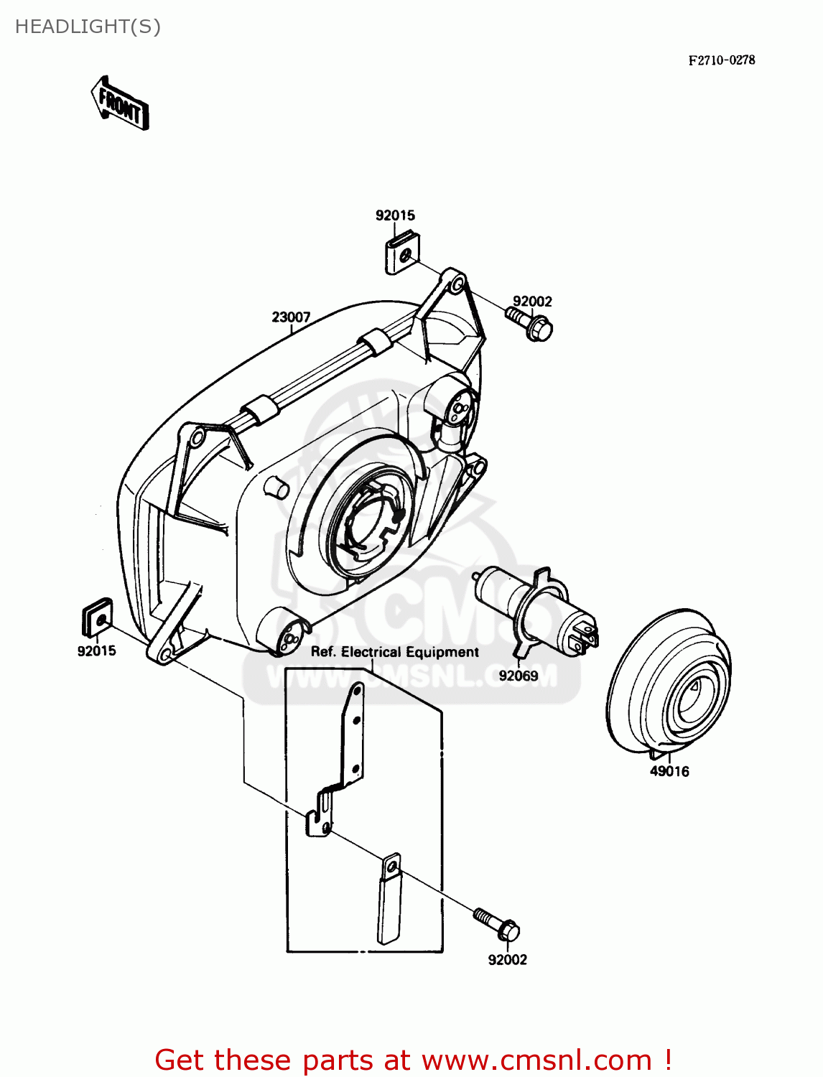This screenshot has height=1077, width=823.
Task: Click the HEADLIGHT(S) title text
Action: tap(88, 27)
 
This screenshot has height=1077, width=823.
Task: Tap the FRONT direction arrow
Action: tap(120, 104)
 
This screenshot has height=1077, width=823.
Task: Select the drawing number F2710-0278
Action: tap(721, 60)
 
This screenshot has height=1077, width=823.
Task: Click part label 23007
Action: tap(291, 317)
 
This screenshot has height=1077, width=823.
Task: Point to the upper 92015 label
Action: tap(395, 215)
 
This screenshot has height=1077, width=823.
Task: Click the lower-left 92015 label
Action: tap(96, 651)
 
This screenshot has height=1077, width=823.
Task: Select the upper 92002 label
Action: tap(532, 302)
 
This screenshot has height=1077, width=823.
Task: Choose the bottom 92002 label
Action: tap(507, 960)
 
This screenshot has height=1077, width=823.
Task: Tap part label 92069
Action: tap(518, 676)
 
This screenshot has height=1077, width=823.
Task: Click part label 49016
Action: tap(669, 772)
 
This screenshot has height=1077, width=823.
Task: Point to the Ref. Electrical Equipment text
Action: tap(394, 652)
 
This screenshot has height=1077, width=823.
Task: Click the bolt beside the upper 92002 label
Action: tap(530, 325)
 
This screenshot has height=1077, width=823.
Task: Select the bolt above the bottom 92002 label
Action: tap(497, 924)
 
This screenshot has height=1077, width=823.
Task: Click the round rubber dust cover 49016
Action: tap(669, 682)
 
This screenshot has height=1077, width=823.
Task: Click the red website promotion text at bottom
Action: tap(413, 1060)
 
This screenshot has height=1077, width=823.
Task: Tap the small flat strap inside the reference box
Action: tap(389, 898)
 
